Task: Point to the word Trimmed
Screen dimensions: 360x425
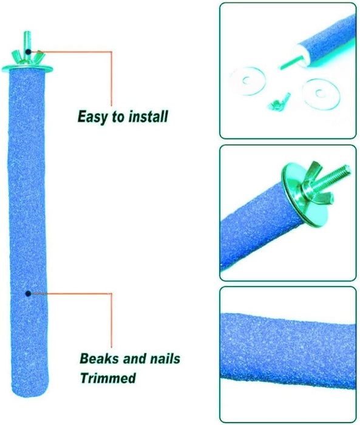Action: tap(108, 378)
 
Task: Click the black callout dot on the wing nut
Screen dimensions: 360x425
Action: tap(28, 52)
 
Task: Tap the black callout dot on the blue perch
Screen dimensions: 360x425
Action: tap(28, 293)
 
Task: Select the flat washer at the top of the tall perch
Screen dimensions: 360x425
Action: tap(27, 68)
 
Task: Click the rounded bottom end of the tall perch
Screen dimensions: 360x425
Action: tap(29, 393)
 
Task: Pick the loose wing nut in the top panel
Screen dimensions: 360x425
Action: tap(279, 101)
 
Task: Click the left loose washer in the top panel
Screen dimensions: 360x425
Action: tap(246, 81)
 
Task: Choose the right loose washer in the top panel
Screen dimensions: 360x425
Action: tap(321, 93)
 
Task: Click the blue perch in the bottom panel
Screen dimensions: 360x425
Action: tap(288, 350)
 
